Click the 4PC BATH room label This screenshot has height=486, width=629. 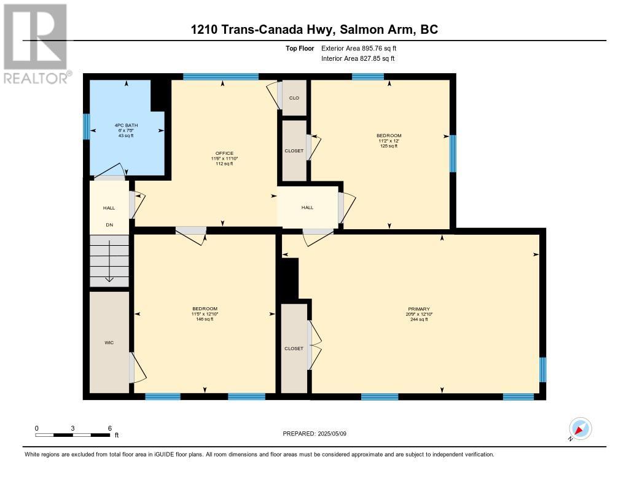126,125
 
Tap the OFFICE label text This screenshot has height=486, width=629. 224,154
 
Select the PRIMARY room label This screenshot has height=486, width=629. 419,309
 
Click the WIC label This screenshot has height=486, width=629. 109,343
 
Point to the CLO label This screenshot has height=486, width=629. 294,98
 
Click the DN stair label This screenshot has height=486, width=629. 109,225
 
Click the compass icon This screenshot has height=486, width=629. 579,429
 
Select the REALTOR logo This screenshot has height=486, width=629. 36,44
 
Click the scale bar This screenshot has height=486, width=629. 72,435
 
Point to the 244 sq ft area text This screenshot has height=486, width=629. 419,319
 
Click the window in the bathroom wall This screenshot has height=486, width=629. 86,127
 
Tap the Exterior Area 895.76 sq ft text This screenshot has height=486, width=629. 359,48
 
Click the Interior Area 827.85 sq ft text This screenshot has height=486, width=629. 358,58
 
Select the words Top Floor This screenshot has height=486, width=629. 300,49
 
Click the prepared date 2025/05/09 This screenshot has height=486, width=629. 332,434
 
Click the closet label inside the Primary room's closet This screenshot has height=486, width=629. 294,349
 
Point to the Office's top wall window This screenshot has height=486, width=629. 221,77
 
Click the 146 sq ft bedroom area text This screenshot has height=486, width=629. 205,319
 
